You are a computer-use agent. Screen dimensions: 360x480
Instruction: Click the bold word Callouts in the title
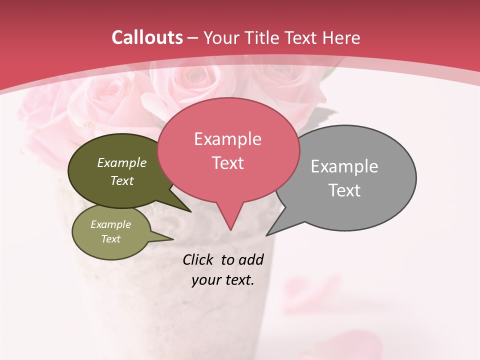pos(147,37)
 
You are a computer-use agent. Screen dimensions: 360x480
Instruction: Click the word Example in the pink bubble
pos(227,139)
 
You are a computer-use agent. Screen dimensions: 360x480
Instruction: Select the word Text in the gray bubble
pos(345,190)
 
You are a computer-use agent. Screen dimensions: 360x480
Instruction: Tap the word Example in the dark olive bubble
pos(122,162)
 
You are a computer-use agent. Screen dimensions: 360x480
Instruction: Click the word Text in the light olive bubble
pos(111,239)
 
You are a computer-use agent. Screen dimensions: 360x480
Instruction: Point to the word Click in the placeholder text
pos(197,259)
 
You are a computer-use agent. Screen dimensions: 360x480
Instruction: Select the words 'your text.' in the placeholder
pos(223,280)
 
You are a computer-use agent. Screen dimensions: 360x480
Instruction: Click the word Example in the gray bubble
pos(344,166)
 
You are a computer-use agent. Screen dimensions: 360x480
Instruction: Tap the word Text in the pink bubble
pos(228,163)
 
